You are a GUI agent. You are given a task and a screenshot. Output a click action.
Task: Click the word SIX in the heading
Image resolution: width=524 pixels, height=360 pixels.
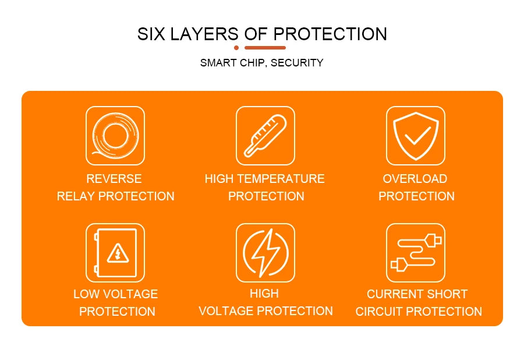point(150,34)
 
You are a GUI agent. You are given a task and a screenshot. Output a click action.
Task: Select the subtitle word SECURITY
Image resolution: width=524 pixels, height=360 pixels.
point(297,63)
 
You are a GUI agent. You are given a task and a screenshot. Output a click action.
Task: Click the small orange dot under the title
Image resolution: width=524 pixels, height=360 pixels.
point(236,48)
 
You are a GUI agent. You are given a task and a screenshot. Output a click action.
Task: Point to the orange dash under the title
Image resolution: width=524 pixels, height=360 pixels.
point(265,48)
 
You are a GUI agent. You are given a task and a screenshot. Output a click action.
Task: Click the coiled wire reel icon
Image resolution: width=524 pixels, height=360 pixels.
point(115,135)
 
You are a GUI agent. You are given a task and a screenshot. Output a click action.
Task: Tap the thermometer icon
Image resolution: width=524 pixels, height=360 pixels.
point(265,135)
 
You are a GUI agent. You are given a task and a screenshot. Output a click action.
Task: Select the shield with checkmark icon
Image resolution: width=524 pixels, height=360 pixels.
point(415,135)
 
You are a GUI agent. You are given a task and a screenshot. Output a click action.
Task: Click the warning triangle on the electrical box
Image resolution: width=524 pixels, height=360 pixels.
point(117,253)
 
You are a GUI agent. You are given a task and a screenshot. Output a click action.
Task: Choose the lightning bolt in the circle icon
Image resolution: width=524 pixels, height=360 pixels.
point(265,253)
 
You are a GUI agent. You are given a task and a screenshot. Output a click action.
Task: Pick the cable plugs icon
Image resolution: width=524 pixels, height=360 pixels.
point(415,253)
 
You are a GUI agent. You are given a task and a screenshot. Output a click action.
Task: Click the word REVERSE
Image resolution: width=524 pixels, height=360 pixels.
point(114,179)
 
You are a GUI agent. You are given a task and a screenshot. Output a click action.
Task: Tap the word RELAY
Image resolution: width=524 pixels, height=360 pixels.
point(76,196)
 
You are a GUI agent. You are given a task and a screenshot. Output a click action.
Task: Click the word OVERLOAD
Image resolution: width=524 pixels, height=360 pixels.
point(415,179)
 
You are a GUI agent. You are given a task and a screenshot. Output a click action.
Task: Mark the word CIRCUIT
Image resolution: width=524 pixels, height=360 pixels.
point(378,312)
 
